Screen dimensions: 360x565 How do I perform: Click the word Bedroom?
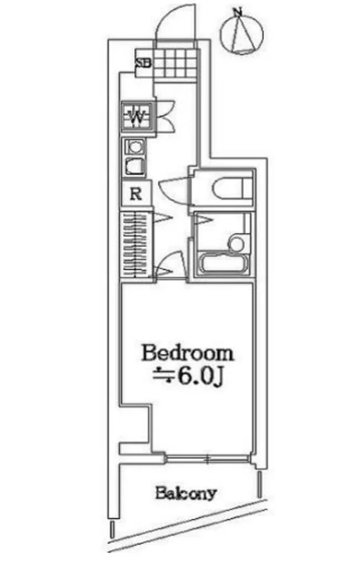(x=188, y=353)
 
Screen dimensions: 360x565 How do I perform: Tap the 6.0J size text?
(x=198, y=377)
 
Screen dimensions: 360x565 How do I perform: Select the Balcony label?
(x=186, y=493)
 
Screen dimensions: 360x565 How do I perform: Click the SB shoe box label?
(x=143, y=63)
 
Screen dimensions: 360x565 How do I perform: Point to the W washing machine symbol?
(x=137, y=116)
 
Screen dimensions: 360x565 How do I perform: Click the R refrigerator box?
(x=136, y=194)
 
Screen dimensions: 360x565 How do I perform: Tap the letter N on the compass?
(x=237, y=12)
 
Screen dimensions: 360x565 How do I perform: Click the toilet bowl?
(x=231, y=188)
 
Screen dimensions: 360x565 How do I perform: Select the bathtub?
(x=223, y=263)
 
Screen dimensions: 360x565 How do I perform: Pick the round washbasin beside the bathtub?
(x=237, y=243)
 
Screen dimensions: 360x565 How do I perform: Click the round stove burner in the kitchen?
(x=135, y=147)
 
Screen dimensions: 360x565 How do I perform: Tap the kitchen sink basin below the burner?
(x=135, y=166)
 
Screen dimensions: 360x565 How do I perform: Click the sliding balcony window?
(x=208, y=459)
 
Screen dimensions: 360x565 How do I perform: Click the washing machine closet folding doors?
(x=165, y=116)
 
